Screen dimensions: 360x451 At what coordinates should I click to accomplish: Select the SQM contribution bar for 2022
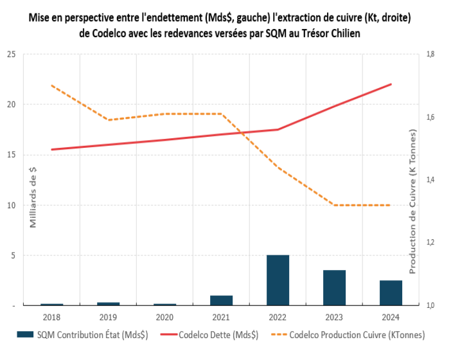tap(278, 280)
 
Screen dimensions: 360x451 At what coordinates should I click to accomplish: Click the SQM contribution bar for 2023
tap(334, 287)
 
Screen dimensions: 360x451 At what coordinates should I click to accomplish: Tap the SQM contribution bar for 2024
tap(391, 292)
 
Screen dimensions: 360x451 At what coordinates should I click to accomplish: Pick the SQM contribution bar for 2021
tap(221, 300)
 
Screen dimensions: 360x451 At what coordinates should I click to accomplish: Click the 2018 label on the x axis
tap(52, 316)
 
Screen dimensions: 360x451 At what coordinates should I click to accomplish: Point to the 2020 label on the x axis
tap(164, 316)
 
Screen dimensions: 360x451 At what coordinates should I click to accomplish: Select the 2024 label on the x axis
tap(391, 316)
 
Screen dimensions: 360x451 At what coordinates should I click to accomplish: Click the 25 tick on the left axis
tap(11, 55)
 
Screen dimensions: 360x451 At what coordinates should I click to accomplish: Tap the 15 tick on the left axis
tap(11, 155)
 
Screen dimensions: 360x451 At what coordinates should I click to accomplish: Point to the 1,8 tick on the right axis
tap(430, 55)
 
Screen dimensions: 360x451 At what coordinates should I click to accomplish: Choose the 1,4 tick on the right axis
tap(430, 180)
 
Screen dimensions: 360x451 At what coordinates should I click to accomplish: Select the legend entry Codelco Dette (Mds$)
tap(218, 335)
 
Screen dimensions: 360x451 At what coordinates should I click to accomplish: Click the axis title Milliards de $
tap(33, 196)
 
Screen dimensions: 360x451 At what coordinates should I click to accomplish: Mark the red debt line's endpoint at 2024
tap(391, 84)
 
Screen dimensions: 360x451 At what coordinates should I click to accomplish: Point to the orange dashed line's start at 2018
tap(52, 85)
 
